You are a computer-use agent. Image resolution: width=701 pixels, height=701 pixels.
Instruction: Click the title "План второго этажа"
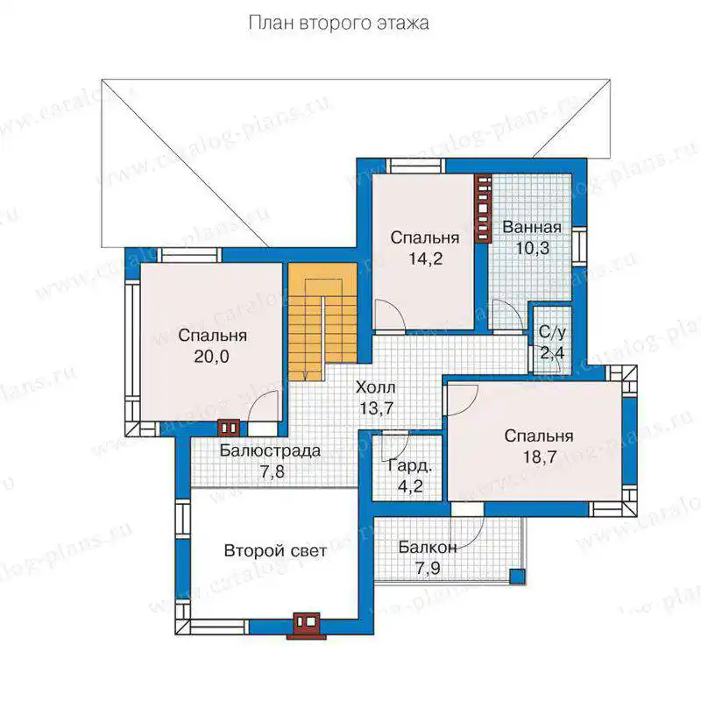pyautogui.click(x=338, y=24)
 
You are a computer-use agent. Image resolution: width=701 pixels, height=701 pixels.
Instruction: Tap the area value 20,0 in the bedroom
pyautogui.click(x=211, y=357)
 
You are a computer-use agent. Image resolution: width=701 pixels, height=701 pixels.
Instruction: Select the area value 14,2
pyautogui.click(x=426, y=258)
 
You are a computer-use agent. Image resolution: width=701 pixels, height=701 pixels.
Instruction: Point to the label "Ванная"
pyautogui.click(x=532, y=227)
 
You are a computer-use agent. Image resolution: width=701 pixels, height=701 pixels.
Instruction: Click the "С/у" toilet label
pyautogui.click(x=552, y=332)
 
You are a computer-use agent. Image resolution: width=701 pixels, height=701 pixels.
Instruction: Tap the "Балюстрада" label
pyautogui.click(x=270, y=450)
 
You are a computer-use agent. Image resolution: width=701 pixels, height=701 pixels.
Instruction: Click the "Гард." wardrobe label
pyautogui.click(x=410, y=466)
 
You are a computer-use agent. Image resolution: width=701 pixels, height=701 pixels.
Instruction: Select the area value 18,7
pyautogui.click(x=540, y=457)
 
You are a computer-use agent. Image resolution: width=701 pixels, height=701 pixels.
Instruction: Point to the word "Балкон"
pyautogui.click(x=428, y=547)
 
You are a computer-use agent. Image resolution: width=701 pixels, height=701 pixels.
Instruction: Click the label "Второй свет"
pyautogui.click(x=275, y=551)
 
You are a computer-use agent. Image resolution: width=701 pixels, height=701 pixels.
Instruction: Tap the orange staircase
pyautogui.click(x=322, y=322)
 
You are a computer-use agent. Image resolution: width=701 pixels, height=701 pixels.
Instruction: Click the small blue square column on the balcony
pyautogui.click(x=518, y=576)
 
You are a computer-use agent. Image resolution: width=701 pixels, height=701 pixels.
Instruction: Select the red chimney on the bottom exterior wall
pyautogui.click(x=307, y=626)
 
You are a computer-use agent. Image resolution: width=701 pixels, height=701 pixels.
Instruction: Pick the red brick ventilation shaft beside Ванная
pyautogui.click(x=483, y=208)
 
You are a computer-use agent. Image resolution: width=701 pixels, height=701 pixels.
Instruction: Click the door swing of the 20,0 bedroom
pyautogui.click(x=263, y=406)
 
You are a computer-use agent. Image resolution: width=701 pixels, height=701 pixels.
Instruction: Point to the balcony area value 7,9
pyautogui.click(x=428, y=568)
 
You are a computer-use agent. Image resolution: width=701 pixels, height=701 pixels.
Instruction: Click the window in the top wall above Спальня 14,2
pyautogui.click(x=415, y=166)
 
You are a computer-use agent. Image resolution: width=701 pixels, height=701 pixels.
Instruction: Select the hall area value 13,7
pyautogui.click(x=377, y=408)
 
